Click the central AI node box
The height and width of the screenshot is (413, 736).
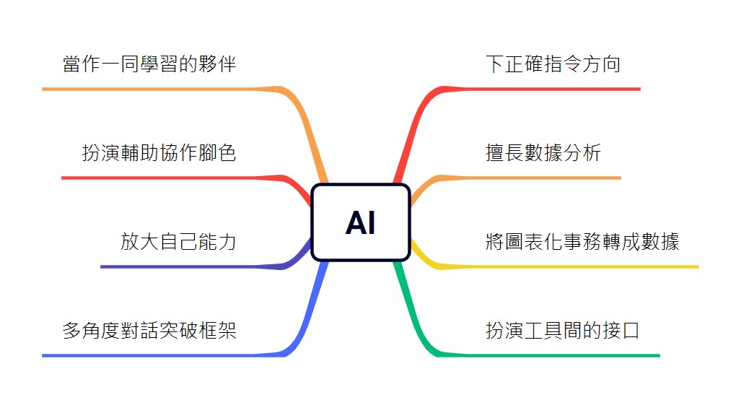pos(360,222)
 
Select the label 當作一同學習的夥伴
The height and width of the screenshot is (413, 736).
pos(149,64)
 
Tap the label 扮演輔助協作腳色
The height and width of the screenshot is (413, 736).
pos(159,153)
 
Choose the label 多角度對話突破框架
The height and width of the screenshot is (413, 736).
pos(149,331)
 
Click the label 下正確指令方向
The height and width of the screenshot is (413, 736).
pos(553,64)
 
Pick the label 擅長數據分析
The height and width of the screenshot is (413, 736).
pos(543,153)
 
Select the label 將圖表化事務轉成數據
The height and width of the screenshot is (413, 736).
pos(582,242)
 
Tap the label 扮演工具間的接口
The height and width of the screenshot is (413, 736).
pos(563,331)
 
